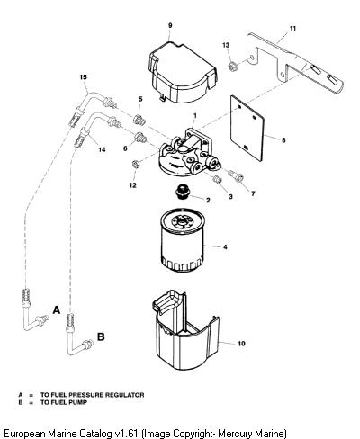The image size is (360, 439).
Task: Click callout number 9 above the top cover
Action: click(170, 25)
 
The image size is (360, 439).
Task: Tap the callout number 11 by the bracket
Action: click(292, 29)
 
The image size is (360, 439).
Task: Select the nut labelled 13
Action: click(232, 66)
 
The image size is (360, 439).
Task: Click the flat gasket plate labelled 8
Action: click(247, 129)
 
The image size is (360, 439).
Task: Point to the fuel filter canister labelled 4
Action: click(183, 239)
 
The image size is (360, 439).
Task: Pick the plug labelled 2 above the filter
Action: click(181, 192)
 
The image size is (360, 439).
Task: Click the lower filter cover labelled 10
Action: click(185, 330)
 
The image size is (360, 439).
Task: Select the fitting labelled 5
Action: click(139, 119)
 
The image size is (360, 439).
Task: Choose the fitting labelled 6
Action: click(140, 138)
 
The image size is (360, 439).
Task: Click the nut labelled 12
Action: click(135, 165)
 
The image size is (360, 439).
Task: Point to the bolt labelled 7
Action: click(237, 175)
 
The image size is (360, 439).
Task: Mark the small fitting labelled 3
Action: click(217, 179)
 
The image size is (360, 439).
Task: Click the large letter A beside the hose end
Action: click(57, 309)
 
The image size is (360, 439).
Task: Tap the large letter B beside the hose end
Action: click(101, 336)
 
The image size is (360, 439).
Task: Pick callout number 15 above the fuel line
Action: click(83, 77)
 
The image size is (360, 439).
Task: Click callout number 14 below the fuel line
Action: click(102, 149)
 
